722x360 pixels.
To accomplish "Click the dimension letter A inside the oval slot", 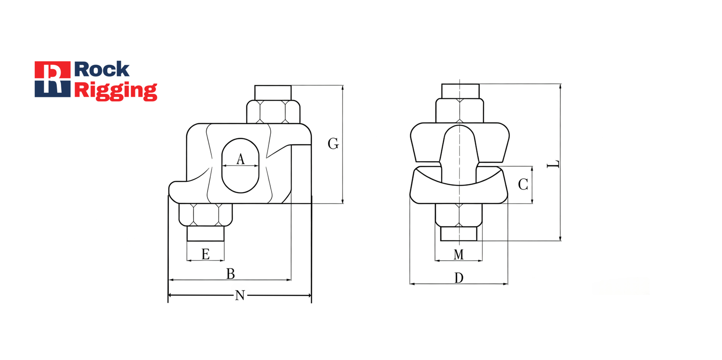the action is (x=241, y=159).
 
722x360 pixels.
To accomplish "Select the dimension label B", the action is (x=231, y=274).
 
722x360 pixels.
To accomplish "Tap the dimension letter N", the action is (x=240, y=295).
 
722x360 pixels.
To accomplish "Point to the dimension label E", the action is (x=206, y=254).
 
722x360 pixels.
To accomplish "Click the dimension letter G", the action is (x=333, y=144).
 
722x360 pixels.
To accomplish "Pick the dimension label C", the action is (x=523, y=185).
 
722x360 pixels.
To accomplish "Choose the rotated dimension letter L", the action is (x=553, y=164).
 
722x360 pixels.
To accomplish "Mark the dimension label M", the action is (x=458, y=254).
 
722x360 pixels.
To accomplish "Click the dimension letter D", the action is (x=458, y=277).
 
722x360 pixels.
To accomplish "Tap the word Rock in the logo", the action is (x=102, y=69).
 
